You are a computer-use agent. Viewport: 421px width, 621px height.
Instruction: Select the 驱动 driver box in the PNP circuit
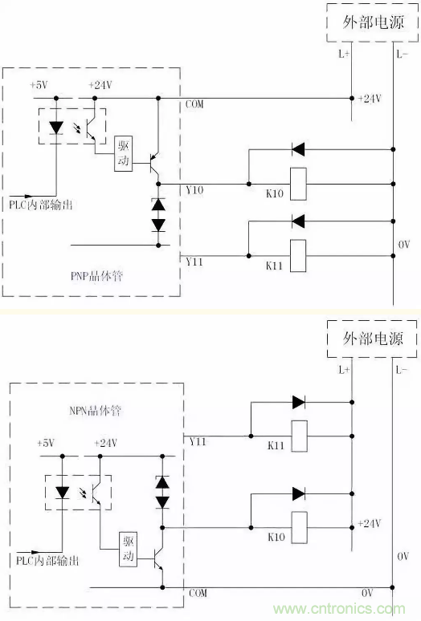(x=123, y=154)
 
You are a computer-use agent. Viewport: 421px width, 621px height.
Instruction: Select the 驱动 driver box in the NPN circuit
(x=129, y=549)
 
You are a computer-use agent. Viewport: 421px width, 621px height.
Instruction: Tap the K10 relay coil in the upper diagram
(x=298, y=184)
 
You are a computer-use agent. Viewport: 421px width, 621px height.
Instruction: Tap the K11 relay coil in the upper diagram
(x=298, y=256)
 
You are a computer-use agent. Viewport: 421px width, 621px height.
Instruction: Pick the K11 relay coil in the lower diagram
(x=300, y=436)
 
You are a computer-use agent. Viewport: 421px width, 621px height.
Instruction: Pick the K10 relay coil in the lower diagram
(x=300, y=528)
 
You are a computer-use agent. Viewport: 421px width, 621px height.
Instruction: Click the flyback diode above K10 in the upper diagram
(x=298, y=149)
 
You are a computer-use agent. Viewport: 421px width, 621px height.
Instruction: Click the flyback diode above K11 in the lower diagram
(x=299, y=403)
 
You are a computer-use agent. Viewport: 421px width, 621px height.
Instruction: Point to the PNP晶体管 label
(x=96, y=276)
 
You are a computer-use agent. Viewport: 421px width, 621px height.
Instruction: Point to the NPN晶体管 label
(x=95, y=410)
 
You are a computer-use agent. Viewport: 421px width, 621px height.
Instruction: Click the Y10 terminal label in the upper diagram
(x=194, y=190)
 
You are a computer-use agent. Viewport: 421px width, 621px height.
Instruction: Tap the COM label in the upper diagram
(x=194, y=104)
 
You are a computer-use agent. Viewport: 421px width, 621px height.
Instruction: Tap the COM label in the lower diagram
(x=198, y=593)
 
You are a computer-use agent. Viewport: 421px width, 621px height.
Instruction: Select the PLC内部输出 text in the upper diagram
(x=41, y=205)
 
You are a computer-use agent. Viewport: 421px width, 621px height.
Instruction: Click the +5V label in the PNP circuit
(x=39, y=85)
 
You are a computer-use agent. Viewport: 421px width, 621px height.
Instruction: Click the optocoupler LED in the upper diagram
(x=56, y=128)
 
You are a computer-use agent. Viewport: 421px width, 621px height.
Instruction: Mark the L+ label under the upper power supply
(x=344, y=54)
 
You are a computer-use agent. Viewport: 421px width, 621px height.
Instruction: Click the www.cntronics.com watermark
(x=339, y=608)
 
